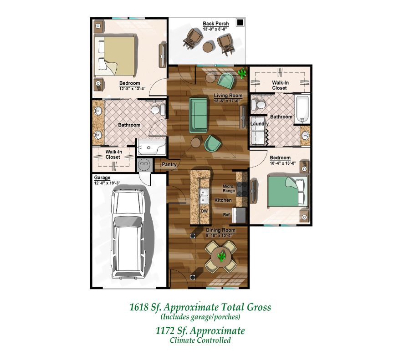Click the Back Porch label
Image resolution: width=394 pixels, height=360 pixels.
coord(216,24)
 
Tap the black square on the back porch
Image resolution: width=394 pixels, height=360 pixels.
coord(240,22)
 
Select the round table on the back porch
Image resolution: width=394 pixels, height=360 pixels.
coord(209,47)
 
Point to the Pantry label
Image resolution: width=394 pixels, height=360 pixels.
coord(169,164)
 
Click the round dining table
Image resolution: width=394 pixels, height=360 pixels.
coord(221,256)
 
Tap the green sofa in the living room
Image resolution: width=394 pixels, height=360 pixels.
coord(199,115)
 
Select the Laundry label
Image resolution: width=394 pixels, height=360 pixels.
coord(260,124)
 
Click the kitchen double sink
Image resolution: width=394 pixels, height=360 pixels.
coord(204,196)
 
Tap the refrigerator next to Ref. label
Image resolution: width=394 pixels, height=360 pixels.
coord(239,215)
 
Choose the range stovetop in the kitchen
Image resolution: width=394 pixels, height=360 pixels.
coord(242,189)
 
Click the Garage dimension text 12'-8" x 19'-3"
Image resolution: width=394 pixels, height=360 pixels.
coord(106,183)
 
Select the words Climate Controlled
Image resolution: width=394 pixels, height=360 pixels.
coord(200,340)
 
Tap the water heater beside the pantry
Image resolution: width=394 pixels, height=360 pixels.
coord(144,164)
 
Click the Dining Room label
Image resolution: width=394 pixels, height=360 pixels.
coord(220,230)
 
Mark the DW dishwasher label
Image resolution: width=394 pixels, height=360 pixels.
coord(205,211)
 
